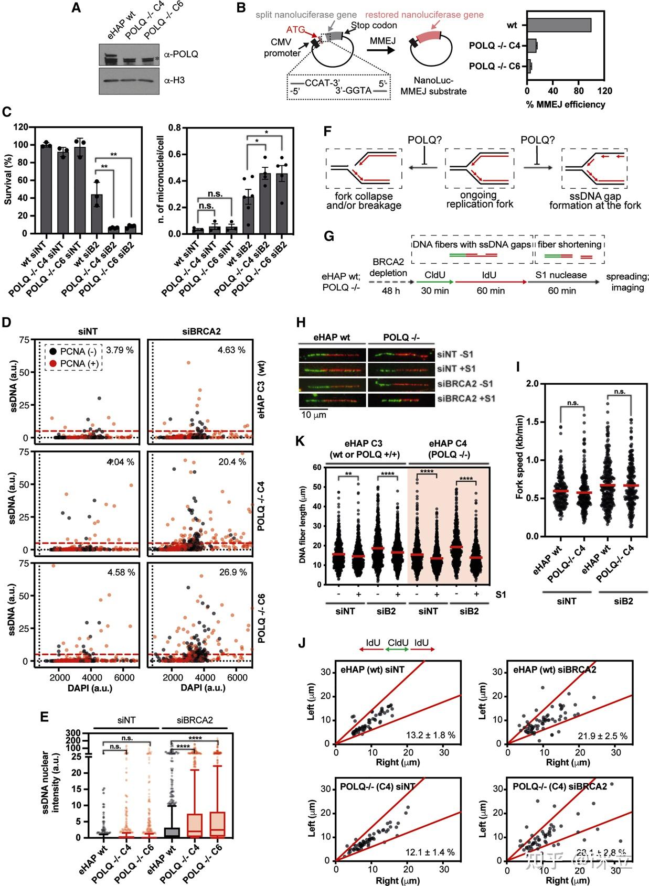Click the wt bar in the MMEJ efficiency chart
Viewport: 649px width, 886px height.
pos(559,25)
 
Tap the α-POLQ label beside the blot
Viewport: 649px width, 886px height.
pos(181,54)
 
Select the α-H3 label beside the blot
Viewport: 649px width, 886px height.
pos(174,80)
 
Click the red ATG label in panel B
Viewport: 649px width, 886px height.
pos(295,30)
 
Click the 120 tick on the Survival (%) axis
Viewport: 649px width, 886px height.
pos(20,127)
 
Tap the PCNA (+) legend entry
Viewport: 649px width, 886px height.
pos(79,363)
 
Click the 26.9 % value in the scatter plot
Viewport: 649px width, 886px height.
pos(233,572)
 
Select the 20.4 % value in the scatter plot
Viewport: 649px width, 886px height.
pos(232,462)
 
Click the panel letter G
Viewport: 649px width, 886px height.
pos(329,236)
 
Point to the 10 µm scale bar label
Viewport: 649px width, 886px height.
pos(314,415)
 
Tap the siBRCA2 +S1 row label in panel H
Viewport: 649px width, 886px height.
pos(466,398)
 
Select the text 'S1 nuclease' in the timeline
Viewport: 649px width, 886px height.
pos(561,275)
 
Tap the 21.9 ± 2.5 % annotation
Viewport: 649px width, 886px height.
pos(601,736)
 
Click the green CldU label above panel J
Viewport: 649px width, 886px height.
pos(398,643)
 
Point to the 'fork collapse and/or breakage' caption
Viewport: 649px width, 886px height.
pos(364,201)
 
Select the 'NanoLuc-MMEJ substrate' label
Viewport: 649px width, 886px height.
pos(433,86)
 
